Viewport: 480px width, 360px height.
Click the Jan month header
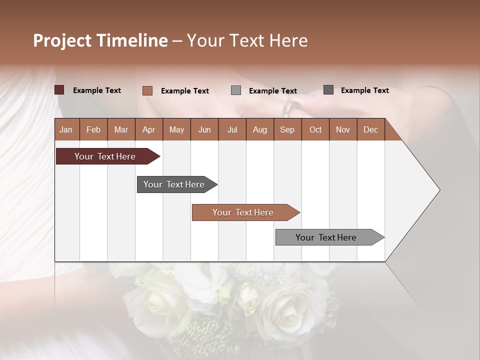click(66, 129)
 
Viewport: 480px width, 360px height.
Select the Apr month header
click(148, 129)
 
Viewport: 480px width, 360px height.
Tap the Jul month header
click(232, 129)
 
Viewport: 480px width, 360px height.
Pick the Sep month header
click(287, 129)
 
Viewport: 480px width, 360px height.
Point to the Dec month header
click(370, 129)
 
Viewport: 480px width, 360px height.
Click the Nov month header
click(342, 129)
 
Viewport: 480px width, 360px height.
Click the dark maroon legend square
click(59, 90)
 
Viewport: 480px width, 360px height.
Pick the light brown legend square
click(147, 90)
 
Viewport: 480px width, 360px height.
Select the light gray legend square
click(236, 90)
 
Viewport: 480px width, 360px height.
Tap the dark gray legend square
click(328, 90)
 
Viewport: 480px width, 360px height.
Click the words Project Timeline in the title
click(100, 40)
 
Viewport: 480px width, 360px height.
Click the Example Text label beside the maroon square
click(96, 90)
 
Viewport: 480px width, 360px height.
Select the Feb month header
click(93, 129)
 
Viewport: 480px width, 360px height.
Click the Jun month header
click(204, 129)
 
